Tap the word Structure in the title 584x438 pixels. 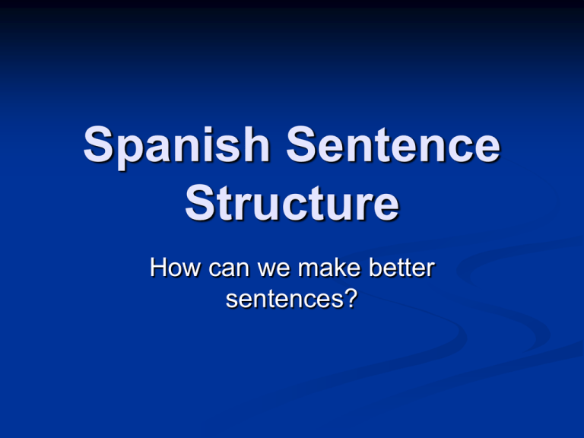(291, 205)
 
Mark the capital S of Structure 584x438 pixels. (200, 205)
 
